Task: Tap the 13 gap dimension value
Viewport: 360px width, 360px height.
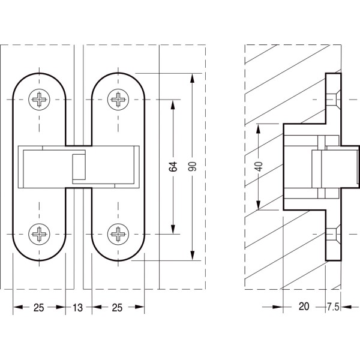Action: (78, 308)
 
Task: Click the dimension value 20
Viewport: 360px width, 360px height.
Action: (303, 307)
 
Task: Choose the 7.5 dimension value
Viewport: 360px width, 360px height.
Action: (333, 307)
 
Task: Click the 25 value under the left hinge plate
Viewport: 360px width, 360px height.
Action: (38, 308)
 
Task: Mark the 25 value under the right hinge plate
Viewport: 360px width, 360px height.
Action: (117, 308)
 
